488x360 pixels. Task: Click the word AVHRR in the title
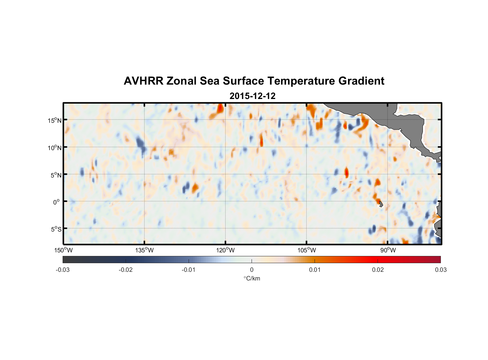click(143, 81)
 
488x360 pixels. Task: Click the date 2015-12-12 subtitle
click(252, 96)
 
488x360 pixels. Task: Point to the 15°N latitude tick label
click(54, 120)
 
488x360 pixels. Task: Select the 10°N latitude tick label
click(54, 148)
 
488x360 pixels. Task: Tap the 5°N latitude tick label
click(55, 175)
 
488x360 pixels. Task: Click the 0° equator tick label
click(57, 202)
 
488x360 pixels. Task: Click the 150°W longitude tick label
click(63, 250)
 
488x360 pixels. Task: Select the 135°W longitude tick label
click(144, 250)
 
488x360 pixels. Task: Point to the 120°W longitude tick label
click(226, 250)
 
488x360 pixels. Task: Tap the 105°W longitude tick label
click(307, 250)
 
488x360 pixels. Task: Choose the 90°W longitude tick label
click(388, 250)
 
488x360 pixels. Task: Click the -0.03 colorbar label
click(63, 270)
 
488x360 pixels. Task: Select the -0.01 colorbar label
click(189, 270)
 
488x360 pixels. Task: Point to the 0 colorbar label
click(252, 270)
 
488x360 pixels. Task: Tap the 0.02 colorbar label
click(378, 270)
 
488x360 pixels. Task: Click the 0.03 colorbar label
click(440, 270)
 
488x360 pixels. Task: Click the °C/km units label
click(252, 278)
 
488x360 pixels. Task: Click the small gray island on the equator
click(381, 204)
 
